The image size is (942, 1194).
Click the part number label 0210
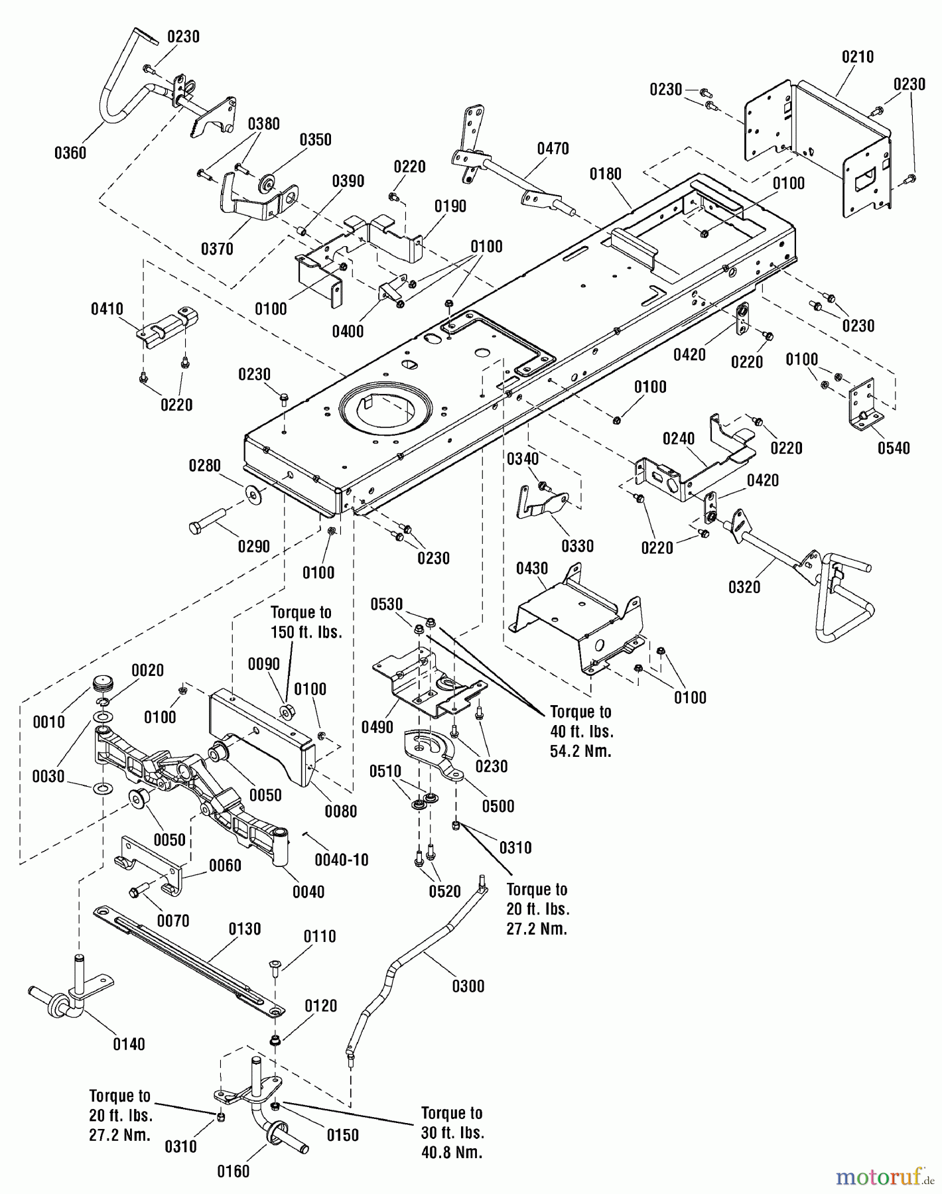click(857, 57)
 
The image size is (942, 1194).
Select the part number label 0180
click(605, 174)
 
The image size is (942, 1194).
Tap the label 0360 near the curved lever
click(70, 153)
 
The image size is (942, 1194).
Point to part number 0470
click(553, 149)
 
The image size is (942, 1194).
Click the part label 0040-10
click(341, 860)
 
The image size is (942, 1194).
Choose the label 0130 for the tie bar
click(245, 929)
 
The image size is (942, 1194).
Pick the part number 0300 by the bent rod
click(468, 986)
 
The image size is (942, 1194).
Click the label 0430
click(532, 568)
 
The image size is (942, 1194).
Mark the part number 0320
click(744, 587)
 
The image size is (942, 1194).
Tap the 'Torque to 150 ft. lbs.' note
click(306, 622)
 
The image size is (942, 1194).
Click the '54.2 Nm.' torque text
click(580, 752)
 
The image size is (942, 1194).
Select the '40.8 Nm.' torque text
click(452, 1152)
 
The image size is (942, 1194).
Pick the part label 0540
click(894, 448)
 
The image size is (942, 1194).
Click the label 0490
click(377, 728)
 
